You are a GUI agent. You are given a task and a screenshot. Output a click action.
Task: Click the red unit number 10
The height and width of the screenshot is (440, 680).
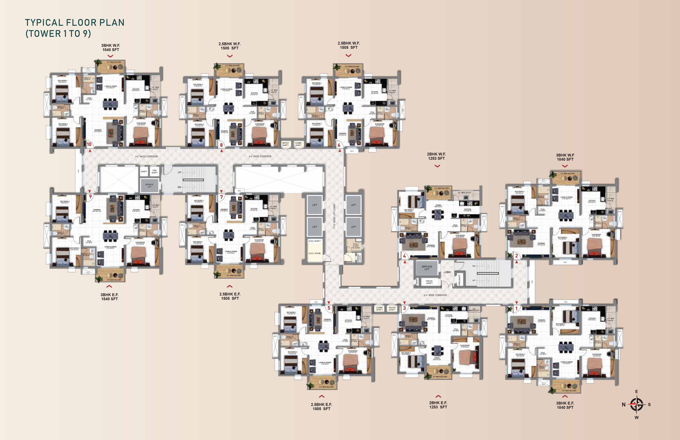point(89,144)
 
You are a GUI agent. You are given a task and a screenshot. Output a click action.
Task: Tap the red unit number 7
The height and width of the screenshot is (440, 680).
point(221,197)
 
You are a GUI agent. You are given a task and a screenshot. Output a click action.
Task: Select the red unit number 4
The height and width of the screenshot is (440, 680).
point(404,256)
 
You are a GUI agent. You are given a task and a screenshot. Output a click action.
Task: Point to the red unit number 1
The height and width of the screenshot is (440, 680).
point(516,308)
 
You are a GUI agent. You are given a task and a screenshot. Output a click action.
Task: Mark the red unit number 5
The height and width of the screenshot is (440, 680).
point(329,308)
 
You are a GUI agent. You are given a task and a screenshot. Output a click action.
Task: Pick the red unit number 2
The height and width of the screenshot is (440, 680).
point(516,256)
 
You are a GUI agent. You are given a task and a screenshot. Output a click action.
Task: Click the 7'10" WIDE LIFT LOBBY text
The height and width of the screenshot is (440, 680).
point(334,216)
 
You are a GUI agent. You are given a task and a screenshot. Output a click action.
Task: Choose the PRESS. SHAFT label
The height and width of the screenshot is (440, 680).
point(429,282)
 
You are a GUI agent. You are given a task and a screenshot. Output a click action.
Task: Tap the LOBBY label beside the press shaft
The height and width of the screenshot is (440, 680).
point(447,272)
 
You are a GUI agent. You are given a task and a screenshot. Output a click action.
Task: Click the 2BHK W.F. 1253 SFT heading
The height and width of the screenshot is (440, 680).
point(436,156)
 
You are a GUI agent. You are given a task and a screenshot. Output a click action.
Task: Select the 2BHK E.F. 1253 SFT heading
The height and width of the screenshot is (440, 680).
point(438,405)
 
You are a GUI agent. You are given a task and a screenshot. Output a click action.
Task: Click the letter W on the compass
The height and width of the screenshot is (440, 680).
point(637,417)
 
